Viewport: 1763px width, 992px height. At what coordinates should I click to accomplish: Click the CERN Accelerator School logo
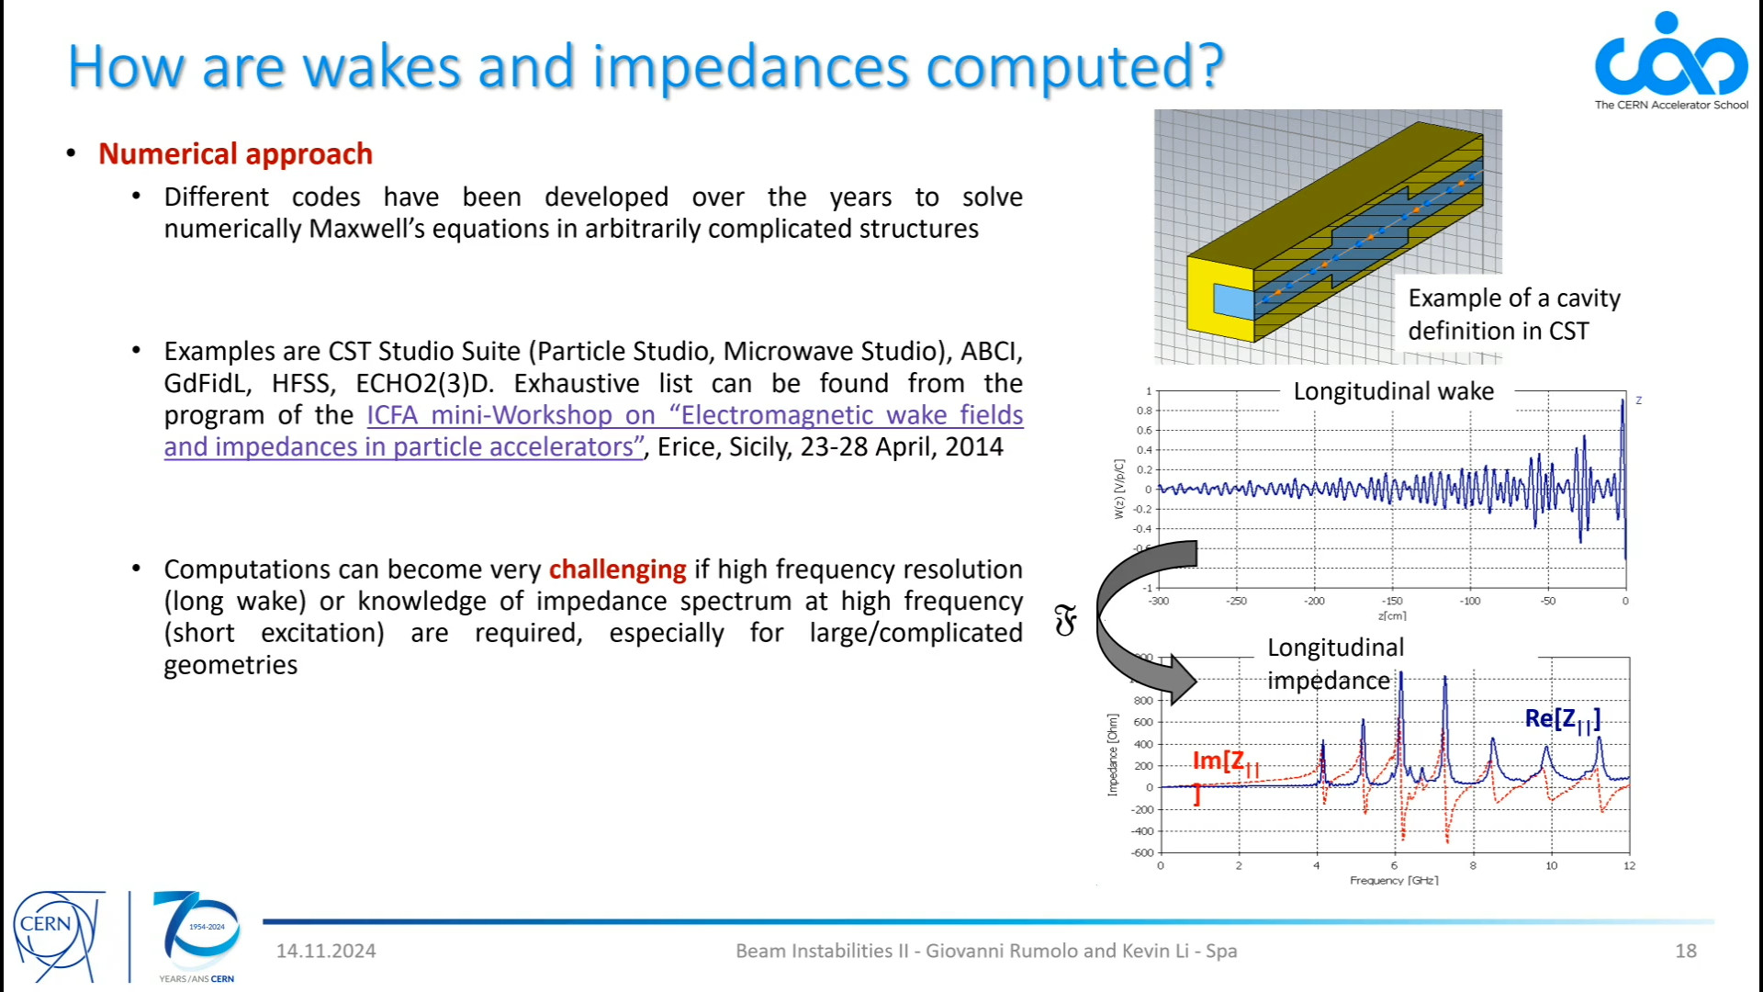coord(1671,61)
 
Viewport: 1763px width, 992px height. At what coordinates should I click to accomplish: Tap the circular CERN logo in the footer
coord(55,935)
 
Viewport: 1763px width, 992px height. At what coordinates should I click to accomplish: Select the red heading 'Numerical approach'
coord(235,153)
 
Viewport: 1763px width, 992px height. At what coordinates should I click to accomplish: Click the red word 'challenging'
coord(617,569)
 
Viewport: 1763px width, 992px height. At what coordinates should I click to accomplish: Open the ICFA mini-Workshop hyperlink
coord(594,431)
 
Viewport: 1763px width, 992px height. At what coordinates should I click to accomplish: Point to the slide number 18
coord(1686,951)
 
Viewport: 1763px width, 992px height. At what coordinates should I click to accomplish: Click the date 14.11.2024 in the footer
coord(326,951)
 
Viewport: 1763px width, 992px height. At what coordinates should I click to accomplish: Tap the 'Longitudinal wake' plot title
coord(1394,391)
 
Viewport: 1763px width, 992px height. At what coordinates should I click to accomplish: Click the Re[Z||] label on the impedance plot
coord(1563,720)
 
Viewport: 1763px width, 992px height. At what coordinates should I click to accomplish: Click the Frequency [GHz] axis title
coord(1394,880)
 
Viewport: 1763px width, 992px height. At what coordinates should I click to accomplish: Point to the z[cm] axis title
coord(1392,615)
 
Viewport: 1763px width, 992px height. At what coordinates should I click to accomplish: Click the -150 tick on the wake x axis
coord(1392,601)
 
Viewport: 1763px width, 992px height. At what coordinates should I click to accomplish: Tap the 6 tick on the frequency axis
coord(1394,865)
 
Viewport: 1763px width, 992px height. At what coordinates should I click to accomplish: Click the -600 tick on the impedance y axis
coord(1142,853)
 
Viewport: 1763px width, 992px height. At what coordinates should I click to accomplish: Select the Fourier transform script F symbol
coord(1065,622)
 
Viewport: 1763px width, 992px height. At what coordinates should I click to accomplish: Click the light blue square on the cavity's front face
coord(1233,301)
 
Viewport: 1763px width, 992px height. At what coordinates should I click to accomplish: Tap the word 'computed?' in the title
coord(1075,66)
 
